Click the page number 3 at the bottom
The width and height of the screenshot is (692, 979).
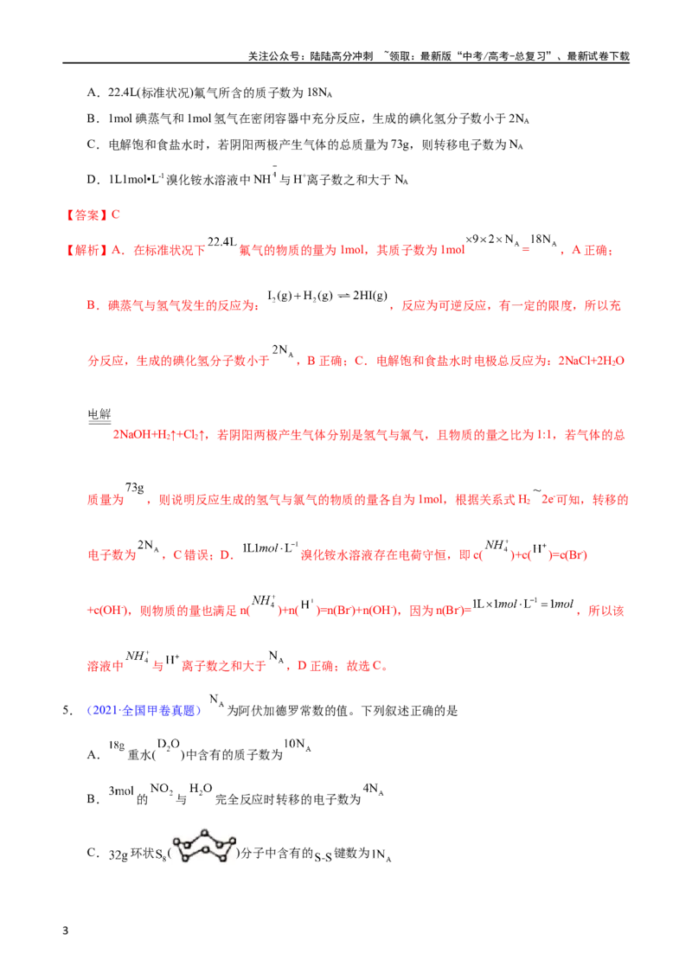coord(66,931)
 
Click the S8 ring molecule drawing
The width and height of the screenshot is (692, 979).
coord(204,847)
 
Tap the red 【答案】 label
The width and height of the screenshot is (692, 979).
coord(86,215)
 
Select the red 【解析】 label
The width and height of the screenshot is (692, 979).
coord(86,250)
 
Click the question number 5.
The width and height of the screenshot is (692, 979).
coord(67,711)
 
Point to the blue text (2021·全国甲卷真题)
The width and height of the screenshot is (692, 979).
coord(144,711)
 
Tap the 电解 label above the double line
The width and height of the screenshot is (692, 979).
coord(99,414)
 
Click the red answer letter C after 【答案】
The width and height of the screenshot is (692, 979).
coord(116,214)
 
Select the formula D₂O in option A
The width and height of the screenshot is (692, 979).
coord(168,745)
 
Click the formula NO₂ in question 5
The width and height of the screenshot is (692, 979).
coord(162,789)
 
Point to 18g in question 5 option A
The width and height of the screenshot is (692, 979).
coord(116,745)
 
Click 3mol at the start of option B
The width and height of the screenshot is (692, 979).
coord(121,791)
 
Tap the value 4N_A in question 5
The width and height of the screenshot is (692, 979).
coord(373,790)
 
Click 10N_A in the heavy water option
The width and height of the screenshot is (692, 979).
coord(298,745)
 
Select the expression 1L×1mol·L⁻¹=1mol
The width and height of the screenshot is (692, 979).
coord(522,604)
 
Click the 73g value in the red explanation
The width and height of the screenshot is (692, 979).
coord(134,488)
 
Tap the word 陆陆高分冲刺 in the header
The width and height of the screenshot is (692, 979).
coord(342,56)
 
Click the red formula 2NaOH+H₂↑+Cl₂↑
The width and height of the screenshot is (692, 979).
coord(161,435)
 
